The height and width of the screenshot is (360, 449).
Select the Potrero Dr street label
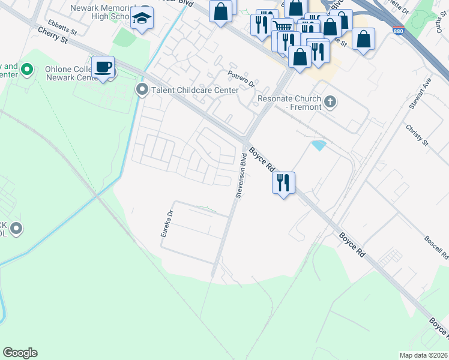pyautogui.click(x=241, y=77)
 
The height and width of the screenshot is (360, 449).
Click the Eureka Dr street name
pyautogui.click(x=167, y=223)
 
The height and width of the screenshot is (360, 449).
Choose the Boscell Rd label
pyautogui.click(x=435, y=247)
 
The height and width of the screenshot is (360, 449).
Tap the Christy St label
pyautogui.click(x=417, y=136)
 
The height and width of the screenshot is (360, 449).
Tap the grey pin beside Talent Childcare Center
pyautogui.click(x=142, y=91)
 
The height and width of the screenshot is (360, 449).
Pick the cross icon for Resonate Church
pyautogui.click(x=330, y=101)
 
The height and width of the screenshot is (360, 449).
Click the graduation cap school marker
pyautogui.click(x=143, y=19)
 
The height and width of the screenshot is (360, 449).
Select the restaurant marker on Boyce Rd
pyautogui.click(x=283, y=181)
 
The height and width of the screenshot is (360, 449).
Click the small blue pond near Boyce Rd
pyautogui.click(x=319, y=145)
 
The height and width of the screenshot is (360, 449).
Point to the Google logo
pyautogui.click(x=20, y=353)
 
